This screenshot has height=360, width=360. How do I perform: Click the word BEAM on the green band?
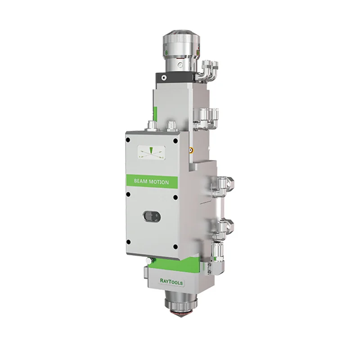pyautogui.click(x=141, y=181)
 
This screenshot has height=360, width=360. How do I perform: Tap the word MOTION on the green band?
pyautogui.click(x=159, y=182)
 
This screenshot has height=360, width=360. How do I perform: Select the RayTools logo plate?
pyautogui.click(x=171, y=282)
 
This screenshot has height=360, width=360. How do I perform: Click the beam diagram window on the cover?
pyautogui.click(x=151, y=152)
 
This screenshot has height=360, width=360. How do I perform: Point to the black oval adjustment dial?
pyautogui.click(x=152, y=216)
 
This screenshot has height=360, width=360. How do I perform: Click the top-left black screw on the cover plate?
pyautogui.click(x=128, y=139)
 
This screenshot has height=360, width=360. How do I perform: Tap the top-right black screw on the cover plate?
pyautogui.click(x=175, y=141)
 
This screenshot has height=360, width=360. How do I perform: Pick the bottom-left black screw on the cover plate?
pyautogui.click(x=129, y=242)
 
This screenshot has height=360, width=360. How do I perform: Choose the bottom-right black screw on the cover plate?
pyautogui.click(x=175, y=247)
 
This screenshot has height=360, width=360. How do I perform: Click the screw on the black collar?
pyautogui.click(x=163, y=77)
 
